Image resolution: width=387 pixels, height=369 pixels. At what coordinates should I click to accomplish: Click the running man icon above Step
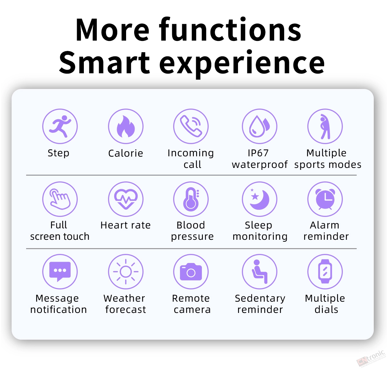60,126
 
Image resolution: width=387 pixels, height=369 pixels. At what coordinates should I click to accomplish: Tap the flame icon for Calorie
125,126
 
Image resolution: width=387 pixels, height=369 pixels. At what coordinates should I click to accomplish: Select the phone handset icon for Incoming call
191,126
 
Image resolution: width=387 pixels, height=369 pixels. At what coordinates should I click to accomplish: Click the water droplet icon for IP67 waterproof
259,126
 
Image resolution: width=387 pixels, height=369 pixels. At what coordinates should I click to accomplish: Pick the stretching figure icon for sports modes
325,126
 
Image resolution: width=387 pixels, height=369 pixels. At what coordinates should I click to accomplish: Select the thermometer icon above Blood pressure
191,199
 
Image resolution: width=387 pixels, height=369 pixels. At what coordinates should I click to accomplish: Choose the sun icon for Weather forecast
125,272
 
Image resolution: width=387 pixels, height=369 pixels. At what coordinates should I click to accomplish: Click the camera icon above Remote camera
191,272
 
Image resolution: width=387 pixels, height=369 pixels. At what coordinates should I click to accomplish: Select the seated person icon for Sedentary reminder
259,272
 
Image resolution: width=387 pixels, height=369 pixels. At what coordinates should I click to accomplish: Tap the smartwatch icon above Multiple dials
325,272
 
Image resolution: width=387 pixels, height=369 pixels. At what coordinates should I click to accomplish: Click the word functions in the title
230,30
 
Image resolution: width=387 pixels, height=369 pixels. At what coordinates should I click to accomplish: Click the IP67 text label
258,153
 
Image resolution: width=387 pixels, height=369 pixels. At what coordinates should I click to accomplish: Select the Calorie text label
125,153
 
